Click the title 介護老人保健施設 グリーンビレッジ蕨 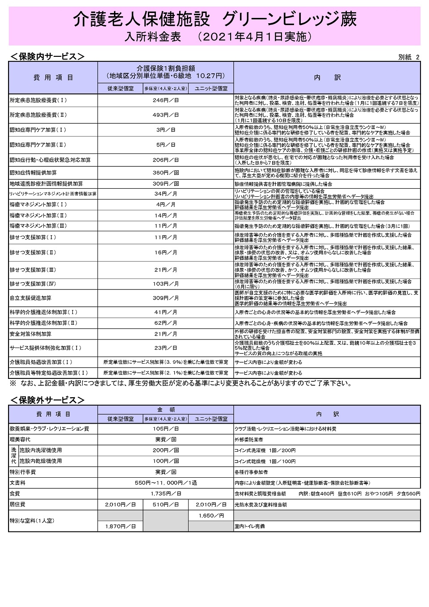214,19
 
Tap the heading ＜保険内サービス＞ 47,56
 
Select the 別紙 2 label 408,57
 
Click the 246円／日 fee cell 165,101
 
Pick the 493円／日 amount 165,115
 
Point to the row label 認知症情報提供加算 33,173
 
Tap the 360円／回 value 165,173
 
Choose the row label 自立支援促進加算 30,298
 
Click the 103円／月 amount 165,284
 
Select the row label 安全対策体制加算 30,334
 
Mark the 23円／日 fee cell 165,348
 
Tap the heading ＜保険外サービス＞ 47,400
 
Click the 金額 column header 165,410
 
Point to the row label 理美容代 20,440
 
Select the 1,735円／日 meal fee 165,494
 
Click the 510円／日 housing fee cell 165,505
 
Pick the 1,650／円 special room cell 211,516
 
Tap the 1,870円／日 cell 120,526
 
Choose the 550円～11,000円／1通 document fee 165,483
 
